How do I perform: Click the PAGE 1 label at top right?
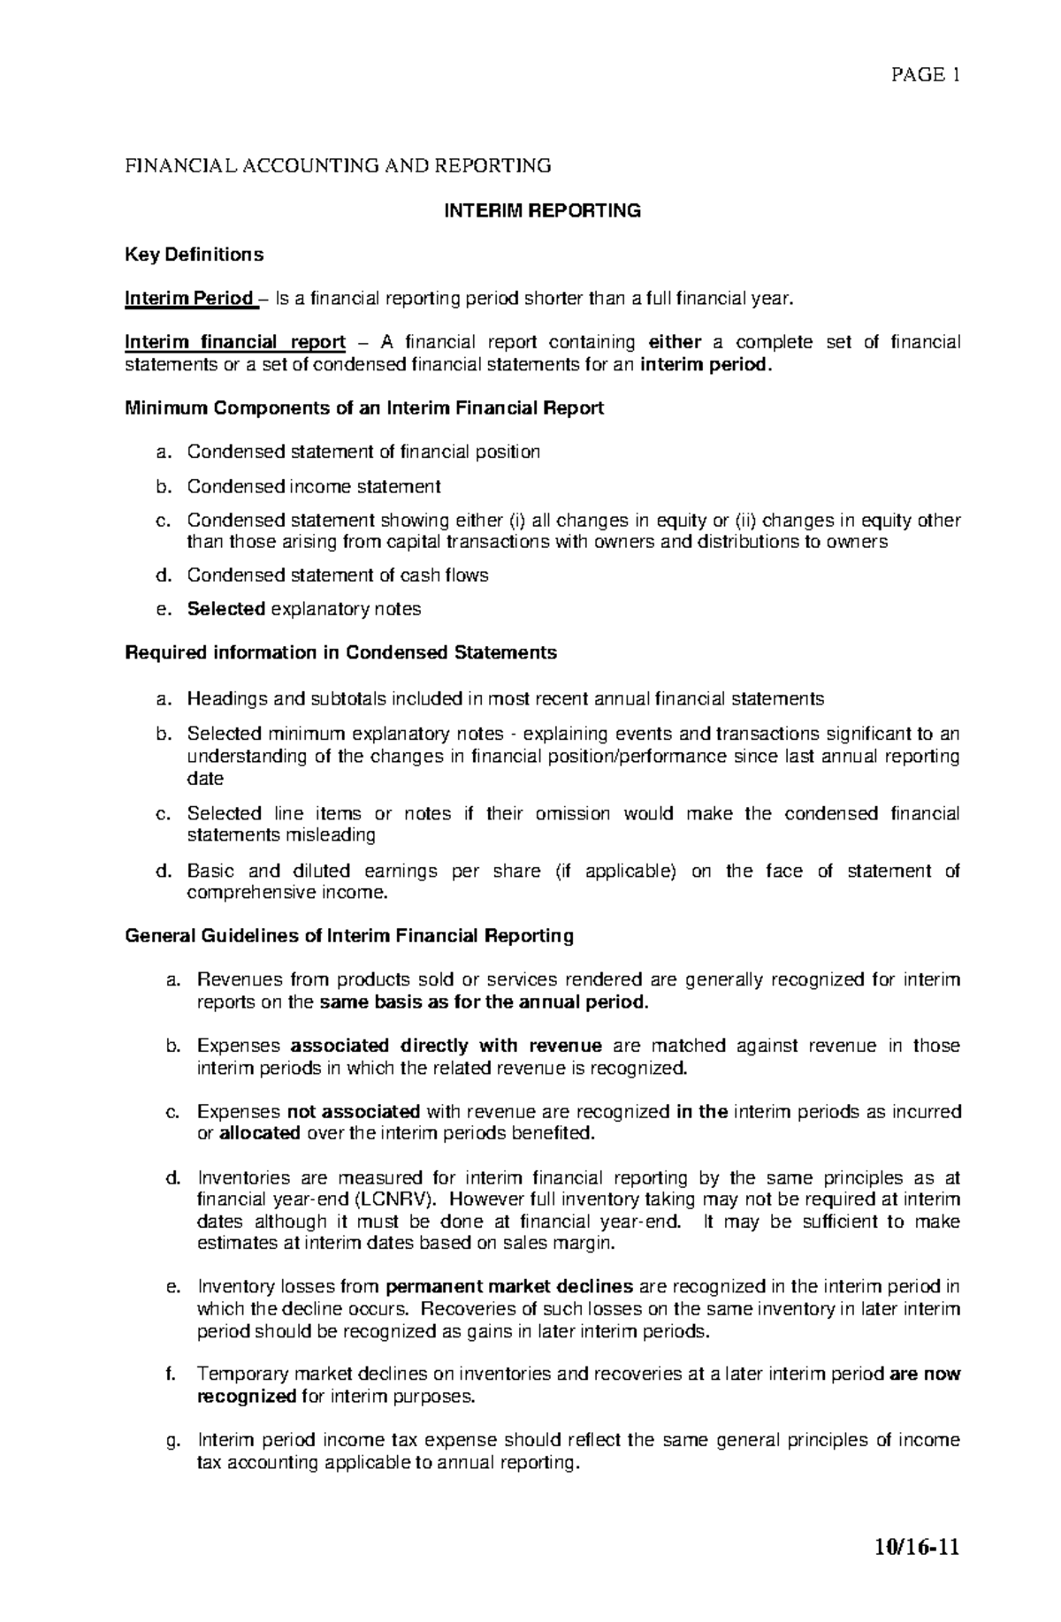[925, 75]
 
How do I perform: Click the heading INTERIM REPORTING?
[541, 210]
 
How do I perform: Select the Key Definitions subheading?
[194, 255]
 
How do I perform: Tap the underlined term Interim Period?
[188, 299]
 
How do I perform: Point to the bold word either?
[675, 343]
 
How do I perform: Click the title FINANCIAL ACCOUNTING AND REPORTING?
[338, 166]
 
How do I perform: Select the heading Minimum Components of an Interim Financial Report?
[364, 408]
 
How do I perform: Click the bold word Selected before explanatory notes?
[226, 609]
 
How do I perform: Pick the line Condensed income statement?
[313, 486]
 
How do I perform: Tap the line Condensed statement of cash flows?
[337, 575]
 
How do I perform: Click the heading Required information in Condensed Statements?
[341, 653]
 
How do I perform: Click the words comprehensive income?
[286, 893]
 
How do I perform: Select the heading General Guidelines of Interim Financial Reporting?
[349, 936]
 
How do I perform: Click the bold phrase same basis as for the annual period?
[484, 1002]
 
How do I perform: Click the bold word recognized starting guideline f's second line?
[247, 1397]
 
